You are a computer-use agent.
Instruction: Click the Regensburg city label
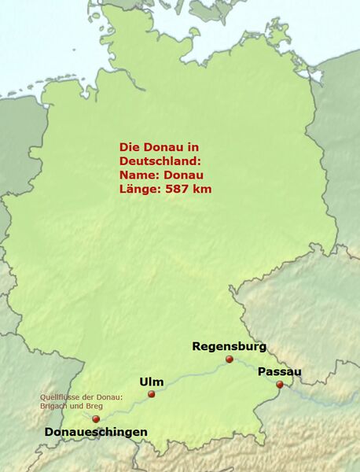click(229, 346)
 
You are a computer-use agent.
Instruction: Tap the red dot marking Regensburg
click(230, 360)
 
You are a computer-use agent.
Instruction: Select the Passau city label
click(279, 371)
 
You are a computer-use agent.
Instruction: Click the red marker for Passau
click(280, 385)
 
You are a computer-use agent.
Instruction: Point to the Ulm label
click(152, 382)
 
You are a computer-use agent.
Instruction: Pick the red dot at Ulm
click(152, 394)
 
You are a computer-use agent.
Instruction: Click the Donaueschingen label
click(96, 433)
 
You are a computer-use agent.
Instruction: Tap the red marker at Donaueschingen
click(96, 419)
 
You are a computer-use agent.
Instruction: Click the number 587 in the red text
click(178, 190)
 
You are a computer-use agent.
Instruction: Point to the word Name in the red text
click(135, 175)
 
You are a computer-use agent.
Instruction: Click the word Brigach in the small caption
click(55, 406)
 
